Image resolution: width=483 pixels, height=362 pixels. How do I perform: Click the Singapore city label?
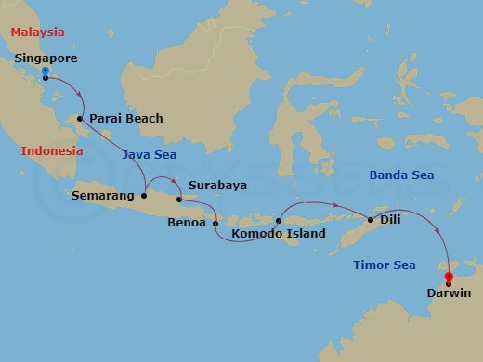(46, 58)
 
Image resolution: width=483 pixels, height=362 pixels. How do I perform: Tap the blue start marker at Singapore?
(46, 72)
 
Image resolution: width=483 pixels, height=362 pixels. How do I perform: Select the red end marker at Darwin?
(449, 278)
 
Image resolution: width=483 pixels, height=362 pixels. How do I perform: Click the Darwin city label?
(449, 293)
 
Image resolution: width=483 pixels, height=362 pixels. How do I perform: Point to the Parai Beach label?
(126, 118)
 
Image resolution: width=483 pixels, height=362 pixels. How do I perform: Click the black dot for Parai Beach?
(81, 118)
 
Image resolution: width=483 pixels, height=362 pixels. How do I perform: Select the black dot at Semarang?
(144, 196)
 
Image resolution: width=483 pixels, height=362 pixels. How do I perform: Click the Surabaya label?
(217, 185)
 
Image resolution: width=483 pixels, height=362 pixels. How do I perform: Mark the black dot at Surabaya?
(179, 199)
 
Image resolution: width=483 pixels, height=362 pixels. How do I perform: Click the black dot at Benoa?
(215, 223)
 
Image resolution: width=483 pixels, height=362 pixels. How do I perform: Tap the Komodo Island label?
(279, 234)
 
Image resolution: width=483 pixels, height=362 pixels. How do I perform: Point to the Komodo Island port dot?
(279, 221)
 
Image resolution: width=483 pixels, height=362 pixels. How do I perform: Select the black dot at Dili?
(371, 220)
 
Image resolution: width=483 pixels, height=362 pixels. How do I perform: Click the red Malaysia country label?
(37, 32)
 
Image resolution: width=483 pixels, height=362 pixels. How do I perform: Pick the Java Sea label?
(149, 154)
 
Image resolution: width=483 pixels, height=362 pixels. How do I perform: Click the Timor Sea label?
(385, 265)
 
